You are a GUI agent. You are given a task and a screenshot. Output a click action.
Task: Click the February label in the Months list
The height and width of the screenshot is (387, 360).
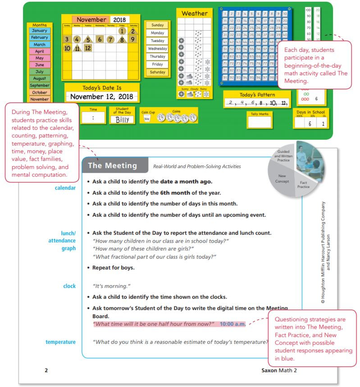40,37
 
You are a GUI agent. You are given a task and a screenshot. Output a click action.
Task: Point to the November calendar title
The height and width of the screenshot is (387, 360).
92,20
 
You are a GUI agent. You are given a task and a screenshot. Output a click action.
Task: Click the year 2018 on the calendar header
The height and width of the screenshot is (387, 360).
119,20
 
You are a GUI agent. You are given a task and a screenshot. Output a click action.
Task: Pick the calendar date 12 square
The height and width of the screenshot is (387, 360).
87,48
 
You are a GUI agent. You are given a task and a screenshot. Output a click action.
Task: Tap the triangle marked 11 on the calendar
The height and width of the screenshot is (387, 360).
77,48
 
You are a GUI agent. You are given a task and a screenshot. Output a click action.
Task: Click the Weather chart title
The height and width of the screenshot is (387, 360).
194,14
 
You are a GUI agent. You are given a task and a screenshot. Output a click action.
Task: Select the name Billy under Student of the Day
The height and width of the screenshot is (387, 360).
122,120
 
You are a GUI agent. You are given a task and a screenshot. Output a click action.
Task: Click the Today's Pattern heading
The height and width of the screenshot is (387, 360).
253,95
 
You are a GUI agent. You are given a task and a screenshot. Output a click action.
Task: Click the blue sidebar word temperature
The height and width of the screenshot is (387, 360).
60,342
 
